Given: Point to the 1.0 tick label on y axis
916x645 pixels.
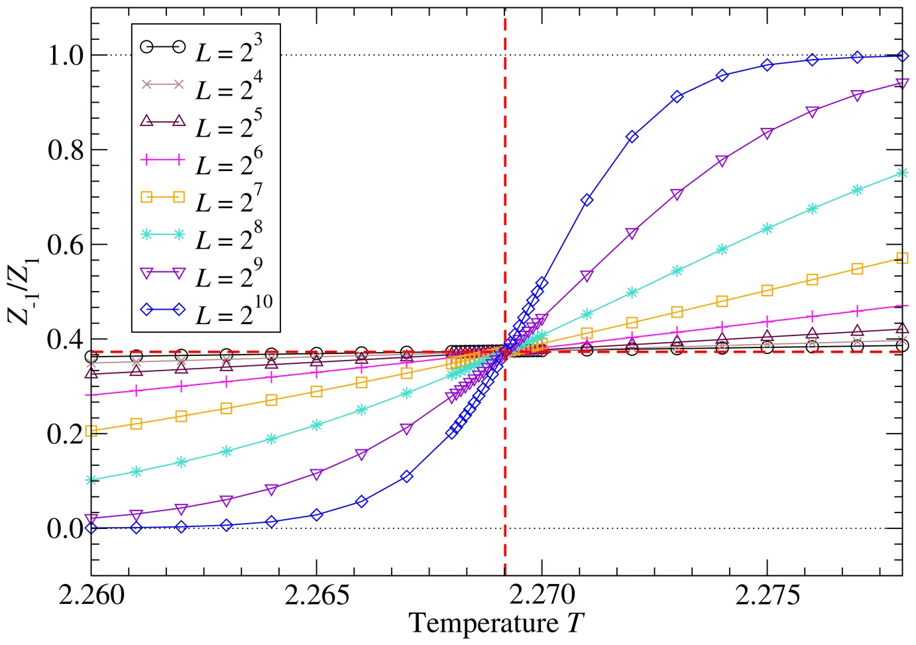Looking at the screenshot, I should tap(66, 56).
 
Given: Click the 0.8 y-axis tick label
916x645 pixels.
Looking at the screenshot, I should tap(66, 150).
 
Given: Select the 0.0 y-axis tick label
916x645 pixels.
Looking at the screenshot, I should tap(66, 529).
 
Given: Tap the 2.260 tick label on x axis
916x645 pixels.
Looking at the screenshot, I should tap(91, 595).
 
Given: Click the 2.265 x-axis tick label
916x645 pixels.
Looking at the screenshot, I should tap(317, 595).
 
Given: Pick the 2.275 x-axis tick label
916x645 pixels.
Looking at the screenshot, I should tap(768, 595).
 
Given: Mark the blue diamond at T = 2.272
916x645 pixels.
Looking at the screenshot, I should tap(632, 137).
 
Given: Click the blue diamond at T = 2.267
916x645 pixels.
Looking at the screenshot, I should tap(407, 477).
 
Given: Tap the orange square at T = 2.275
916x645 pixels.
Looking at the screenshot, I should tap(768, 290).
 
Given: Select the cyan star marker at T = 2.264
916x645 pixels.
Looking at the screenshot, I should tap(271, 439).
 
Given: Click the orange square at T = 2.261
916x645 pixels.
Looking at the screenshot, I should tap(137, 424).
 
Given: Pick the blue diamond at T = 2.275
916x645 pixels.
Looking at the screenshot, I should tap(768, 65).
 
